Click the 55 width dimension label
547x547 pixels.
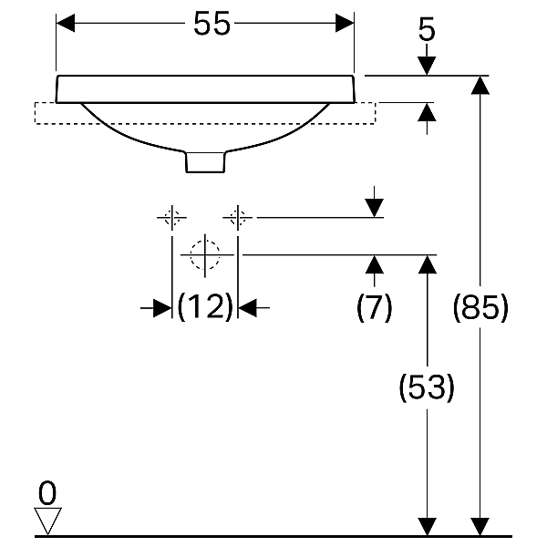pos(212,23)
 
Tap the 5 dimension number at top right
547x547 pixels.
pos(427,29)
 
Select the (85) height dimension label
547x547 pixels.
pos(480,308)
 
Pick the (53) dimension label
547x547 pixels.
pos(427,387)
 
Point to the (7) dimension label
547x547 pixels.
pos(375,308)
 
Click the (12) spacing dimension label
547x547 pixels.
pos(205,307)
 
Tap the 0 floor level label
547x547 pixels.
pos(47,493)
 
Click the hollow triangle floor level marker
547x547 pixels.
pos(47,521)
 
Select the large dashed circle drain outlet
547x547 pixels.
pos(205,255)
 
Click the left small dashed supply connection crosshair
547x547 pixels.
pos(171,218)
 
